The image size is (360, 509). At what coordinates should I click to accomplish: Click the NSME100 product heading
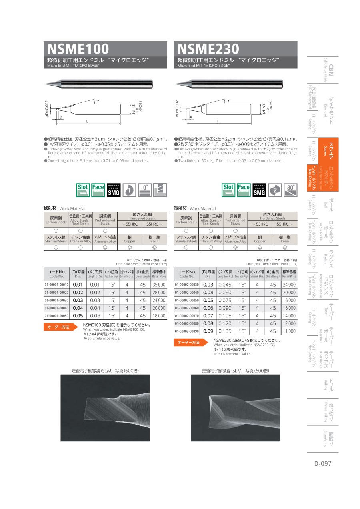78,49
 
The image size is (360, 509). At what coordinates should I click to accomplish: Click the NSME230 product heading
208,49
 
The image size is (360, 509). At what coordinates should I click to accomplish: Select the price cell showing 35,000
159,285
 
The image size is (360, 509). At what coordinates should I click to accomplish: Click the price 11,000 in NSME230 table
289,331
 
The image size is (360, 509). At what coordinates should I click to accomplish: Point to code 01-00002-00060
187,308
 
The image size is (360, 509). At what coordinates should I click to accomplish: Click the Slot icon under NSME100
83,190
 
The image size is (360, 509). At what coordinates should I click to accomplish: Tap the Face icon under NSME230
244,190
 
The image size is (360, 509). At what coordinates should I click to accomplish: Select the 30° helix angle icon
290,190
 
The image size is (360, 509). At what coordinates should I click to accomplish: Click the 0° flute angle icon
145,190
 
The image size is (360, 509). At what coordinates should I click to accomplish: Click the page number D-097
323,463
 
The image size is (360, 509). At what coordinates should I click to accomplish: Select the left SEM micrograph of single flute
105,408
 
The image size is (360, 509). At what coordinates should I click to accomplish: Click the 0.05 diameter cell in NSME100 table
78,315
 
